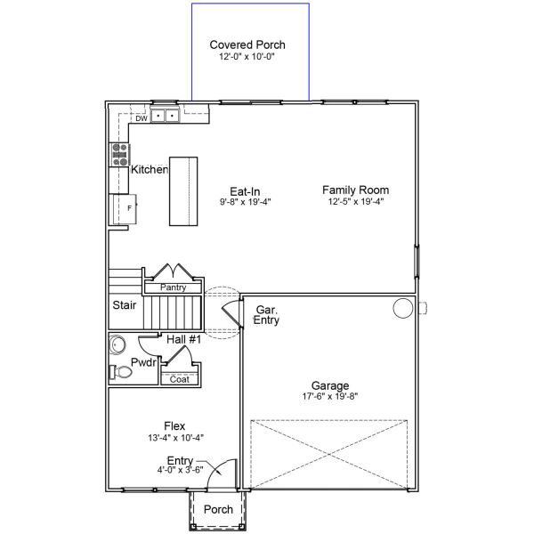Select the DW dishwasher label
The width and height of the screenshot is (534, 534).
pyautogui.click(x=141, y=117)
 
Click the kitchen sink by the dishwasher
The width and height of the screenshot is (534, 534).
pyautogui.click(x=164, y=116)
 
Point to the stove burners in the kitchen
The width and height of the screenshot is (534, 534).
pyautogui.click(x=118, y=155)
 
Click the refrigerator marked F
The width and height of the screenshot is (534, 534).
pyautogui.click(x=121, y=208)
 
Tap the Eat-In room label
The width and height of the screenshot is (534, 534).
pyautogui.click(x=245, y=190)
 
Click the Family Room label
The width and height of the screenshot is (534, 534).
pyautogui.click(x=355, y=190)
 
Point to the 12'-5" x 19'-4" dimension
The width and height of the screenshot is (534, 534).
pyautogui.click(x=355, y=202)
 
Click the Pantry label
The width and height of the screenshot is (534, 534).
pyautogui.click(x=173, y=288)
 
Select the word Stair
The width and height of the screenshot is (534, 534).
pyautogui.click(x=124, y=304)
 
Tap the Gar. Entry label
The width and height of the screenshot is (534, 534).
pyautogui.click(x=267, y=315)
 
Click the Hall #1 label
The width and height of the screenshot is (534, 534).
pyautogui.click(x=184, y=339)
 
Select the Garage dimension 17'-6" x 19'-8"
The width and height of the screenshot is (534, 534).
pyautogui.click(x=329, y=397)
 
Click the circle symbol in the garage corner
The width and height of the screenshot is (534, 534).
pyautogui.click(x=403, y=308)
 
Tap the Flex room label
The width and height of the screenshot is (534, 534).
pyautogui.click(x=174, y=425)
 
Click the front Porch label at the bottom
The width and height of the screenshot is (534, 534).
pyautogui.click(x=218, y=510)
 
